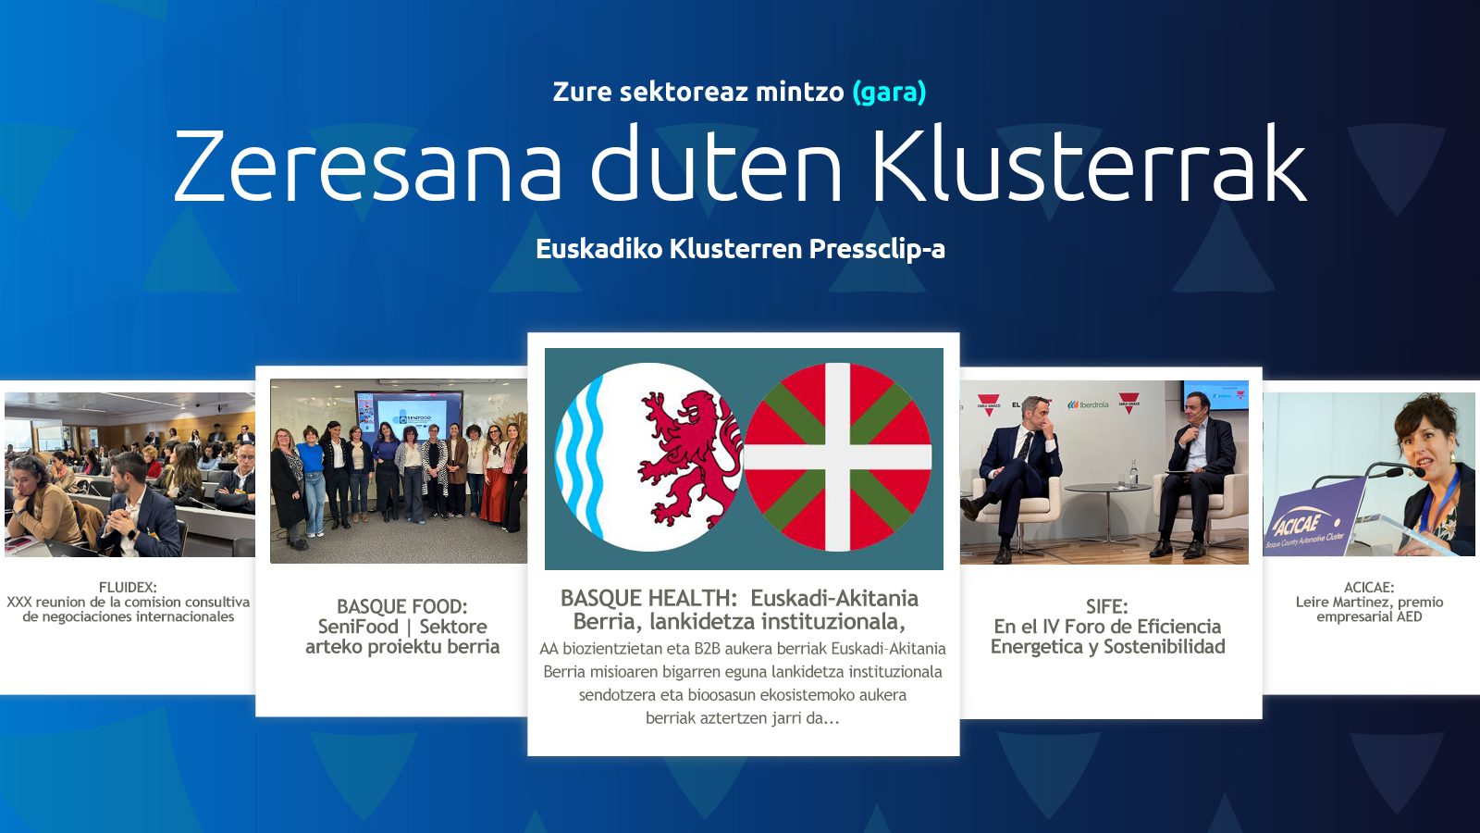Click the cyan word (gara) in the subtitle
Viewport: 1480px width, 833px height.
click(x=889, y=93)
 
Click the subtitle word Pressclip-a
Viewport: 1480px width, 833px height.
click(x=877, y=249)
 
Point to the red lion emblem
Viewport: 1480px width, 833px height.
click(x=689, y=456)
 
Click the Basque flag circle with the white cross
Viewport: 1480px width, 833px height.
click(x=838, y=457)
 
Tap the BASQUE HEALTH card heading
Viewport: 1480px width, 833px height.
click(x=739, y=610)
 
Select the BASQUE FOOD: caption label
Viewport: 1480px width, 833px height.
click(x=401, y=606)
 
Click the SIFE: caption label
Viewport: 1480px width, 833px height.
click(x=1106, y=606)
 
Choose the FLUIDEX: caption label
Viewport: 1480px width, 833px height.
click(x=128, y=587)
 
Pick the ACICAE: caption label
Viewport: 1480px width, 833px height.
click(x=1369, y=587)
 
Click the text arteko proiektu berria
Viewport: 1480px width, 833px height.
click(x=402, y=647)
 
